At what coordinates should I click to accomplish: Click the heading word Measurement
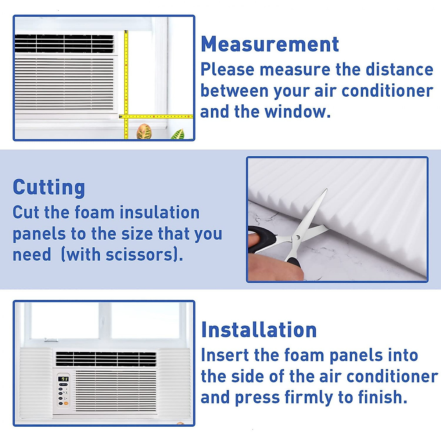pyautogui.click(x=270, y=44)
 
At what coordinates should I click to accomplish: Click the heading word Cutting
pyautogui.click(x=49, y=187)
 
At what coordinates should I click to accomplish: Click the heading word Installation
pyautogui.click(x=259, y=330)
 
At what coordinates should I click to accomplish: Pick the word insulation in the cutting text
pyautogui.click(x=159, y=212)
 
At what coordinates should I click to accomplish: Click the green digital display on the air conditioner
pyautogui.click(x=64, y=379)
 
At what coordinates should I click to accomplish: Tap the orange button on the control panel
pyautogui.click(x=66, y=403)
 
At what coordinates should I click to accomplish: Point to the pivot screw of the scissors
pyautogui.click(x=297, y=238)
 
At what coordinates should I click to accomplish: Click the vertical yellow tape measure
pyautogui.click(x=126, y=73)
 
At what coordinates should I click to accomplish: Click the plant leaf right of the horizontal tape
pyautogui.click(x=179, y=134)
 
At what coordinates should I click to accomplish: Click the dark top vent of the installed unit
pyautogui.click(x=106, y=358)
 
